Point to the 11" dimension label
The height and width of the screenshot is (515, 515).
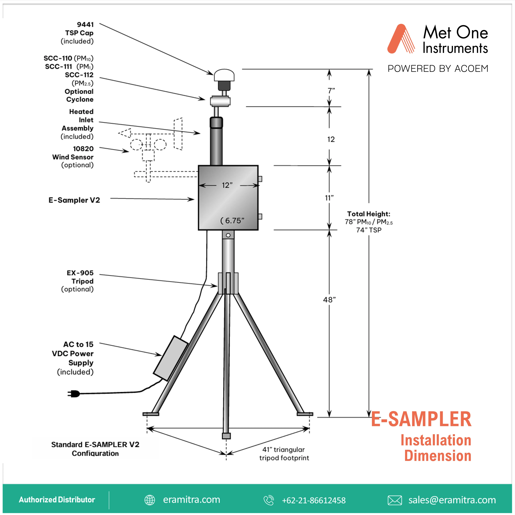(329, 198)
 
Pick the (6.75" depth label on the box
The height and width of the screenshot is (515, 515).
(232, 221)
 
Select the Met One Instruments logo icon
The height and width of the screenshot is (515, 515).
(401, 39)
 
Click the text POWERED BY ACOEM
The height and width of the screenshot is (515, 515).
(438, 69)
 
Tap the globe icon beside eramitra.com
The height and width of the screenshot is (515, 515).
(150, 500)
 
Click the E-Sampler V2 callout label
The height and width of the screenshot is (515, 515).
(74, 200)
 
